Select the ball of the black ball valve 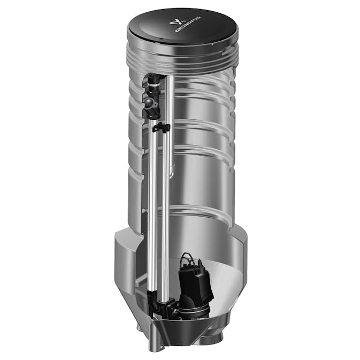[x=147, y=99]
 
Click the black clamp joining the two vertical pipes [x=160, y=128]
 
